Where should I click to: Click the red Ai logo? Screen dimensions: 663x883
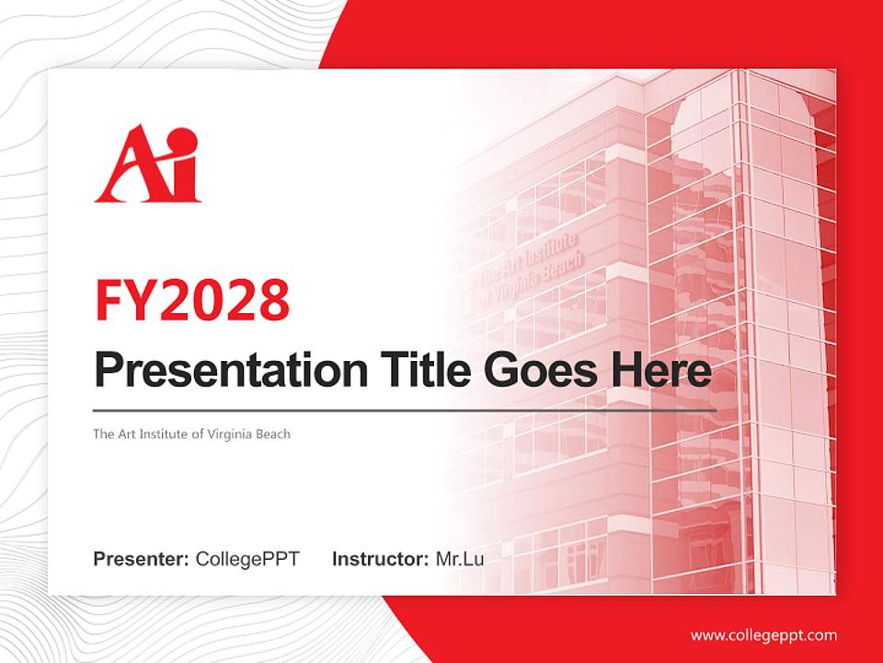coord(147,165)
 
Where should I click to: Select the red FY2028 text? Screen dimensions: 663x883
coord(192,299)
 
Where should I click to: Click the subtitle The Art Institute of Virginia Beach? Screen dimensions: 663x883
coord(191,434)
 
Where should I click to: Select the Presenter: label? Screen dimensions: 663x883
coord(142,559)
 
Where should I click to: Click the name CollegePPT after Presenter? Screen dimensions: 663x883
coord(247,559)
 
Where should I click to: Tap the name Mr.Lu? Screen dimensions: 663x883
coord(460,559)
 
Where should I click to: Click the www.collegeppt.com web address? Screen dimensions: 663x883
coord(763,634)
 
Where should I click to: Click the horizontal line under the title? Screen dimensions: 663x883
coord(405,410)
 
